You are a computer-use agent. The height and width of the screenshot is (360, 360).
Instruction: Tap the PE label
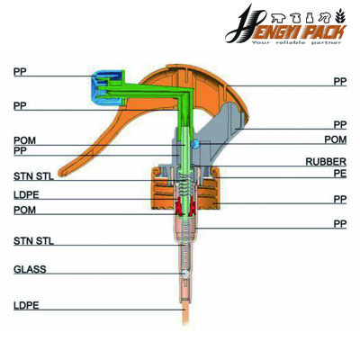(x=339, y=173)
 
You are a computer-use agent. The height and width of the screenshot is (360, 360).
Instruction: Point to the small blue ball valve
(x=192, y=143)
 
